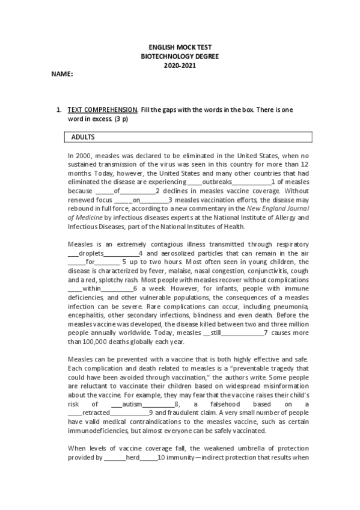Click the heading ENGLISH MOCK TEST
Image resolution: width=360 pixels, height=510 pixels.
click(180, 47)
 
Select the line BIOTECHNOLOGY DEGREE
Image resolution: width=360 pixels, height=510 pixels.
click(180, 55)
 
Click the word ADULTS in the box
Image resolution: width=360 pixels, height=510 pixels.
click(83, 137)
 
